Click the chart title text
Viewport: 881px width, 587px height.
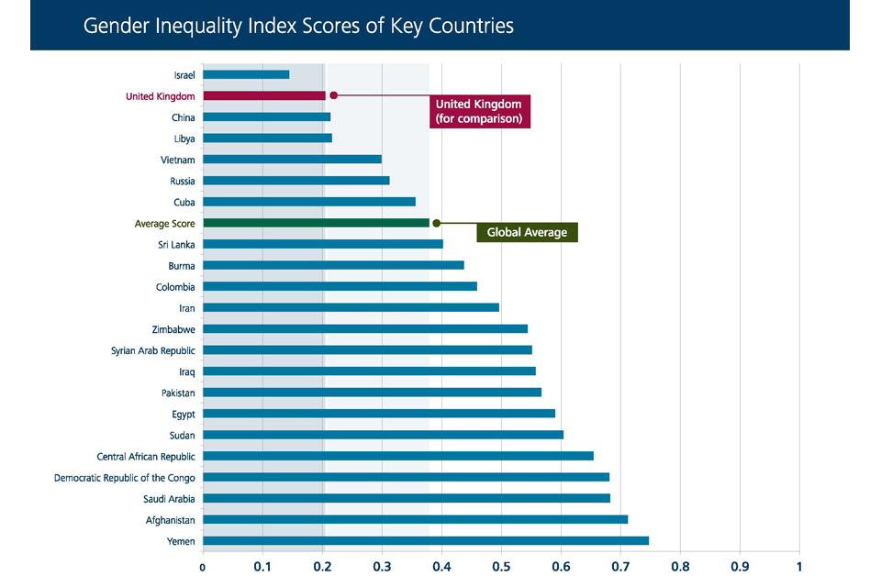point(298,26)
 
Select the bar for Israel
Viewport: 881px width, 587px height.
point(246,74)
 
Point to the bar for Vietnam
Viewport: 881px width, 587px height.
point(292,159)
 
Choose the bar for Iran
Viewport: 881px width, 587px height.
point(351,307)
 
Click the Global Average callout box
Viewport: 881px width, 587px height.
point(527,232)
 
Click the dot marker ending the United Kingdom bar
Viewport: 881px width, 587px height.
point(334,95)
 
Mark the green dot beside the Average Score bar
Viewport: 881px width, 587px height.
point(437,223)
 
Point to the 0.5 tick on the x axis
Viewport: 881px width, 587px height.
point(501,566)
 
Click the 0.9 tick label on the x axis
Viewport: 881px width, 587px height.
point(740,566)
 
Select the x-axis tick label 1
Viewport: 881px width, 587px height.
point(799,566)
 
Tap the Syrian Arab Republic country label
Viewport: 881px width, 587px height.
point(153,350)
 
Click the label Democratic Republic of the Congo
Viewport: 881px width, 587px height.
point(125,477)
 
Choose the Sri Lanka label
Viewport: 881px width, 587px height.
point(176,244)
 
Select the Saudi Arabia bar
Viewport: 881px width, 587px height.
point(407,498)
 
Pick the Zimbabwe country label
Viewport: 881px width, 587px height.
point(173,329)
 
